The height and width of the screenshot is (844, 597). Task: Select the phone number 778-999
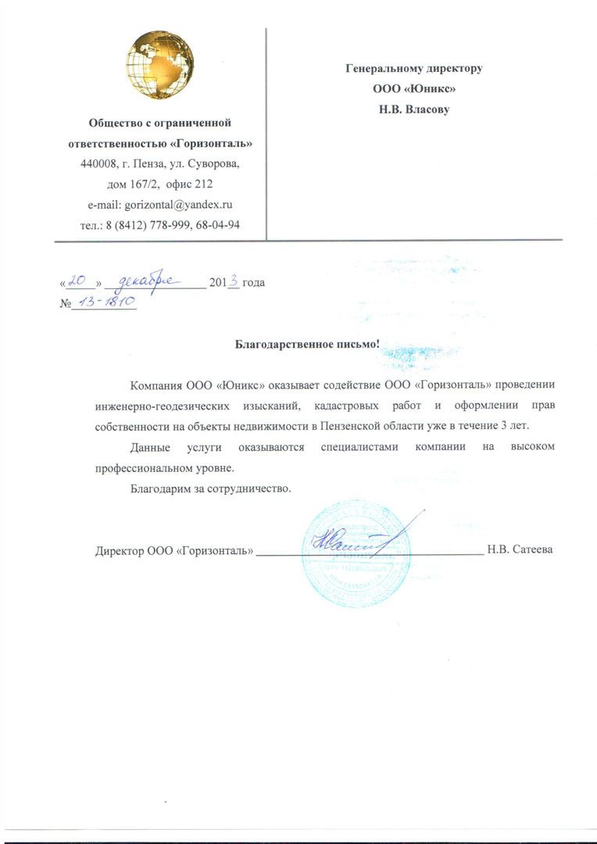[x=181, y=225]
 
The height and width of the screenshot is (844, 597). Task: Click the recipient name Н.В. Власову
[x=414, y=109]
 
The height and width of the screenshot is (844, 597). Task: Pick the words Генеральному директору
[x=414, y=68]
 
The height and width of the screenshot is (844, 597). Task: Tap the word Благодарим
[x=158, y=489]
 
